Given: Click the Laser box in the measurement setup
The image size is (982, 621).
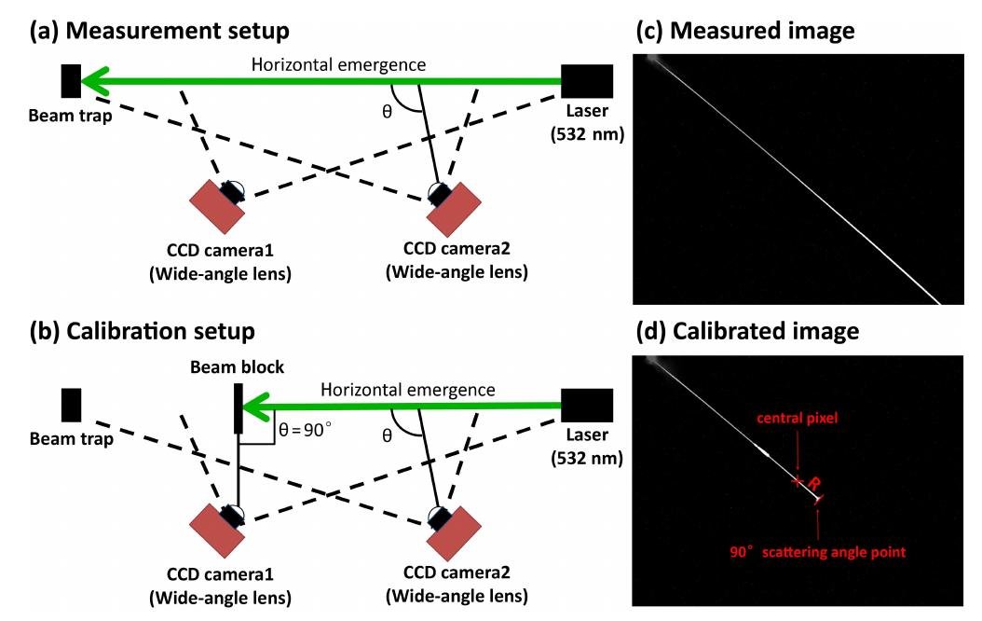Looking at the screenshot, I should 587,81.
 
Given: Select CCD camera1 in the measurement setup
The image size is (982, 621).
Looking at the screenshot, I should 218,205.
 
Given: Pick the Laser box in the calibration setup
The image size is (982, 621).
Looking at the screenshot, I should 587,407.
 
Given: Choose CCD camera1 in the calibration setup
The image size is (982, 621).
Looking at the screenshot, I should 218,531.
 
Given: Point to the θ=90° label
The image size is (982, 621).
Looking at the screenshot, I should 304,430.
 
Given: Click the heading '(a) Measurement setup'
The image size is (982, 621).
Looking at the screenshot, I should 159,30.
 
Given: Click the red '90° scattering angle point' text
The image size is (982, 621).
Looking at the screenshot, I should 818,553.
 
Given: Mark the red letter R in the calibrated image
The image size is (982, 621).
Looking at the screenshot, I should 812,484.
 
